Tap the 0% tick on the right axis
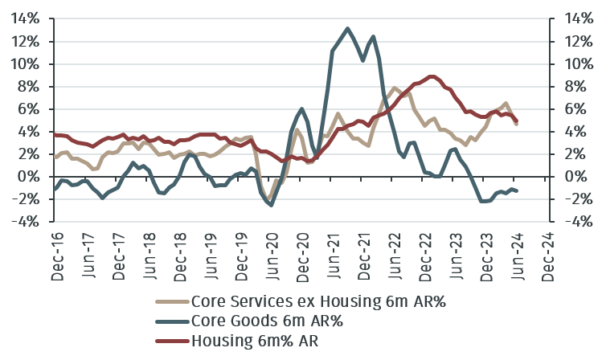pos(576,176)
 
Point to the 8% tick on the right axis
pos(576,86)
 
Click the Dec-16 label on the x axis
pos(56,256)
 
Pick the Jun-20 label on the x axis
pos(272,256)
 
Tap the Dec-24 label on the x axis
pos(549,256)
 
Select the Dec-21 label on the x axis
pos(365,256)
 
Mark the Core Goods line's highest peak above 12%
pos(347,28)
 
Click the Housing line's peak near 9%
pos(432,76)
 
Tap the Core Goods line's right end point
pos(517,190)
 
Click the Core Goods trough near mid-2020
pos(272,205)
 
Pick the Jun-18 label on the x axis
pos(149,256)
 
